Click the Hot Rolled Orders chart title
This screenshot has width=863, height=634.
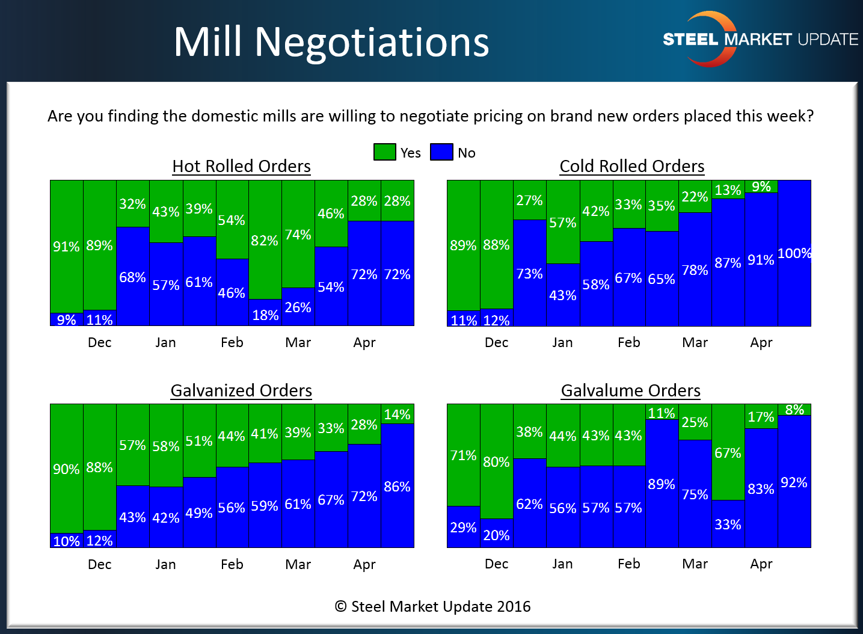pos(241,166)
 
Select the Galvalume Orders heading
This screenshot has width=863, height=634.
pos(630,391)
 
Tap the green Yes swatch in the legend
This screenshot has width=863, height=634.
pos(384,152)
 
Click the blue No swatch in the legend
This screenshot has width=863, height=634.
pos(441,152)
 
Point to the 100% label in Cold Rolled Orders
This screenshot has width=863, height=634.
pos(794,253)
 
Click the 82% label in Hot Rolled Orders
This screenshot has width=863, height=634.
pos(265,241)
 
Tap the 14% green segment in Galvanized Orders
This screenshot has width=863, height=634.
pos(398,414)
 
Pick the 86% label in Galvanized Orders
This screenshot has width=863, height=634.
pos(397,487)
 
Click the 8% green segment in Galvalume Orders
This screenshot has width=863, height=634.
pos(794,410)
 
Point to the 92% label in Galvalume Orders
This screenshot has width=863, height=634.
pos(794,482)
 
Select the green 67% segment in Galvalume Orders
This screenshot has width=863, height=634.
pos(728,453)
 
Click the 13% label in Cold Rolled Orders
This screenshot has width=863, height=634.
pos(728,190)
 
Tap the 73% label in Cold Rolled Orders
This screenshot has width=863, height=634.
pos(529,274)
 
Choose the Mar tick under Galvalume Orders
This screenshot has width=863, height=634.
pos(695,564)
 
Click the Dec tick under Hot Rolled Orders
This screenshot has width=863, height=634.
pos(99,342)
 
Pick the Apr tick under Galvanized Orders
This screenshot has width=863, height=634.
pos(364,564)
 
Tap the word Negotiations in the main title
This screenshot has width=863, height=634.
pos(372,42)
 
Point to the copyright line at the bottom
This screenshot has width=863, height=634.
pos(432,606)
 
